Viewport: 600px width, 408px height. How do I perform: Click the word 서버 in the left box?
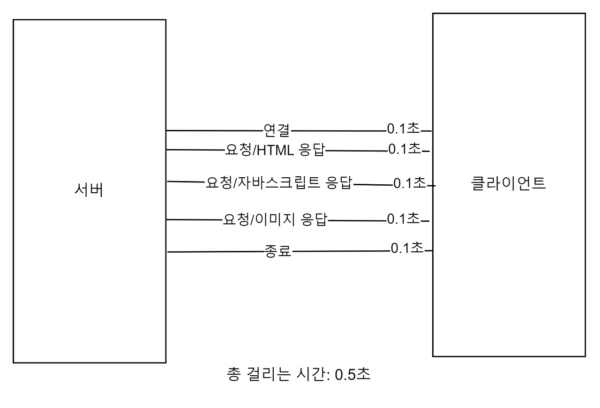click(x=89, y=190)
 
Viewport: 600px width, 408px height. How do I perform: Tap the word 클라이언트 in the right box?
click(x=508, y=183)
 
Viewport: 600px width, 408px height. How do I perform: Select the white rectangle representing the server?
click(x=89, y=281)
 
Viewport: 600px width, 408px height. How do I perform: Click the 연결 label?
click(x=277, y=130)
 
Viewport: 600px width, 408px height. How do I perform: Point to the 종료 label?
click(x=278, y=252)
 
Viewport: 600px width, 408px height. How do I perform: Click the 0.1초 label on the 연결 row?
click(x=403, y=128)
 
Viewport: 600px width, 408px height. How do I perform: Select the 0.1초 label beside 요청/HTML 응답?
click(x=405, y=149)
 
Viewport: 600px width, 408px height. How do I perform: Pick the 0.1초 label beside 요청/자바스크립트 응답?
click(x=410, y=183)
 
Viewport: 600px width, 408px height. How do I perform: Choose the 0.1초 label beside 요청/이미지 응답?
click(x=403, y=219)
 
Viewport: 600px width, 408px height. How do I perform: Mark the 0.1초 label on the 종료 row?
click(x=407, y=248)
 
